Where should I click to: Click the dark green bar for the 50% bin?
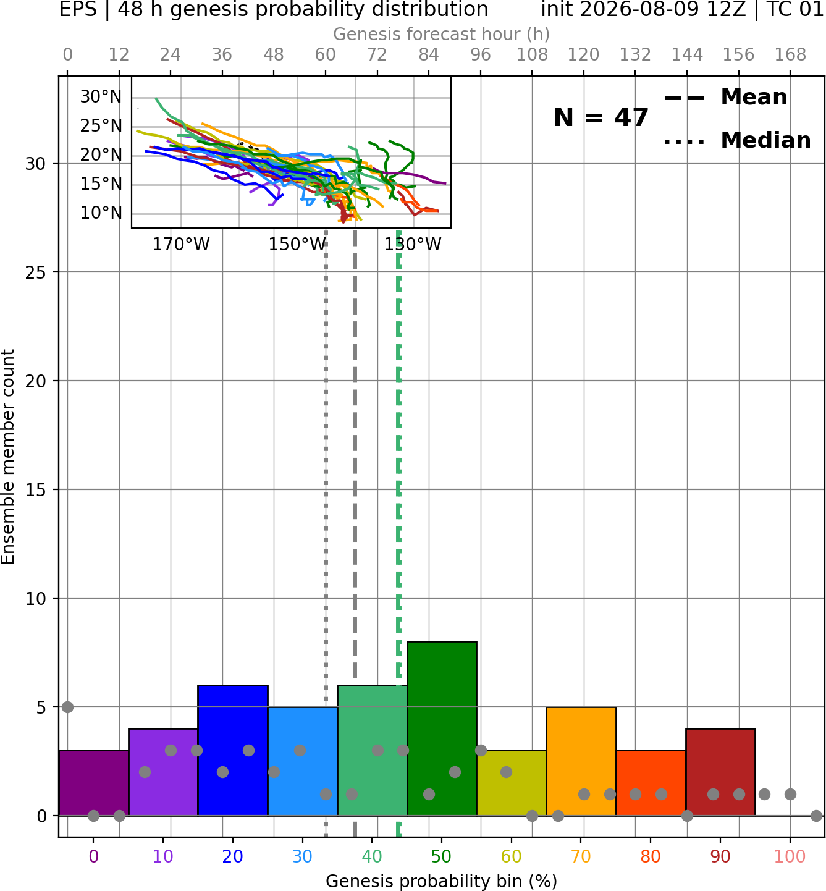click(x=442, y=728)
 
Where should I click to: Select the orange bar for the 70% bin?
click(x=581, y=761)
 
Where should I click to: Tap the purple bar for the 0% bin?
click(x=94, y=782)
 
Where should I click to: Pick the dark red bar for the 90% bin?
click(x=720, y=772)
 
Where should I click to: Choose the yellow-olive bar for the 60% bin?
click(x=512, y=782)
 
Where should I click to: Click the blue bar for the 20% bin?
click(x=233, y=750)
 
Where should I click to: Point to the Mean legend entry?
click(x=725, y=98)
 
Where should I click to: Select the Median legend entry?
click(x=738, y=140)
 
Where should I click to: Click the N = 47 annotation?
click(x=601, y=117)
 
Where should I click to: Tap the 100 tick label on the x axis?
click(x=790, y=856)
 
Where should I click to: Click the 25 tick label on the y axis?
click(x=36, y=272)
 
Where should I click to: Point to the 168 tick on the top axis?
click(x=790, y=55)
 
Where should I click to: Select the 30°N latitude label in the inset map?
click(x=101, y=97)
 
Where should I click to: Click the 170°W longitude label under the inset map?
click(x=181, y=245)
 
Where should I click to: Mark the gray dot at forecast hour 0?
click(x=67, y=707)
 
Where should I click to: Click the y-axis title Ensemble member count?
click(x=7, y=457)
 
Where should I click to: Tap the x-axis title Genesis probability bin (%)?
click(x=442, y=881)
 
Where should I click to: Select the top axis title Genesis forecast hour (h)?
click(x=442, y=34)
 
